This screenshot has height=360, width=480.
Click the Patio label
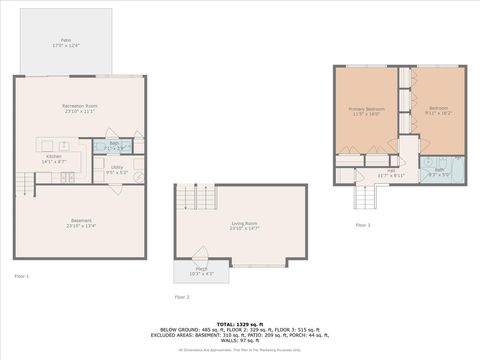[66, 42]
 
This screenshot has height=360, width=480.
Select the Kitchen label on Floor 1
[53, 158]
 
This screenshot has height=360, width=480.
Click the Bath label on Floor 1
[114, 147]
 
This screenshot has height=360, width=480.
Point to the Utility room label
[116, 172]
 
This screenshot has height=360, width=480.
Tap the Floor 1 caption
[22, 276]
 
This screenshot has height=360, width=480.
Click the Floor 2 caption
[181, 297]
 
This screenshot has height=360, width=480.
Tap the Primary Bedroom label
[366, 111]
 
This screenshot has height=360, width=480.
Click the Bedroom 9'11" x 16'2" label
[436, 111]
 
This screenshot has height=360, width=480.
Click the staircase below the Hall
[366, 195]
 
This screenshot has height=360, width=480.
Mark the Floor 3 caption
[362, 225]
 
